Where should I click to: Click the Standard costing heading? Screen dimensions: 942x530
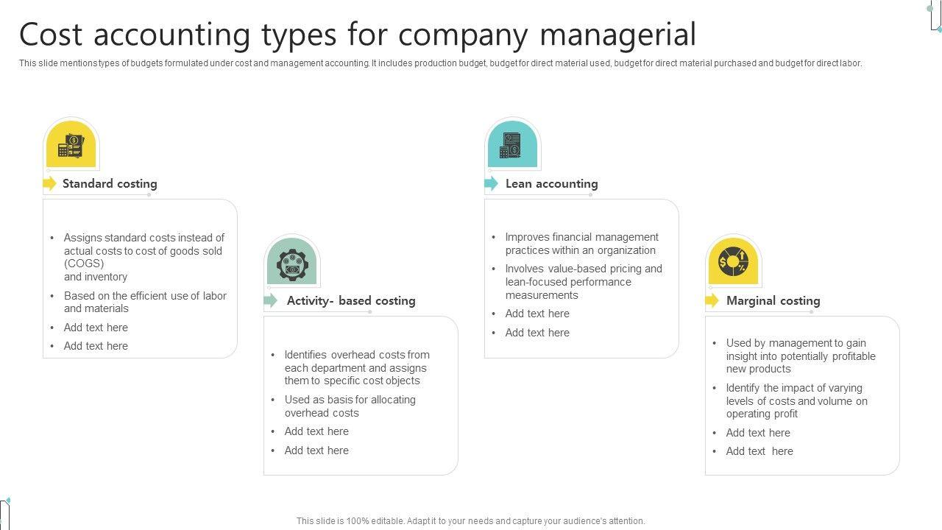(x=110, y=184)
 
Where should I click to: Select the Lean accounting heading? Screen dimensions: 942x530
(x=551, y=184)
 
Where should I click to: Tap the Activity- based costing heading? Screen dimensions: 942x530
(x=351, y=301)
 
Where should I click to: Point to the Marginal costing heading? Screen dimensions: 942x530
(x=773, y=301)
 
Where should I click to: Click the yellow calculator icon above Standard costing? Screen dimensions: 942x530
(x=71, y=145)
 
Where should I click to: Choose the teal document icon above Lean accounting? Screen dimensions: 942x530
(x=512, y=145)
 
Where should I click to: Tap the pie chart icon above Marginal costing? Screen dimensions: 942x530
(x=733, y=262)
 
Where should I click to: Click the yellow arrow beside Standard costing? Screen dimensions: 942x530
(x=50, y=184)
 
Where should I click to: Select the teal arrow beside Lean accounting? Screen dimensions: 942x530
(x=492, y=184)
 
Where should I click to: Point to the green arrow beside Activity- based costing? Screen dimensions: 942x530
(x=271, y=300)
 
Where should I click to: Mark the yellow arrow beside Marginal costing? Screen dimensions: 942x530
(x=712, y=300)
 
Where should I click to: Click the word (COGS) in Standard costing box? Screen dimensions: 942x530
(x=84, y=264)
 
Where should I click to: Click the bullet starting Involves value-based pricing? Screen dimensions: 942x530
(x=584, y=282)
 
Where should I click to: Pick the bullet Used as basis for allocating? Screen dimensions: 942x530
(x=350, y=406)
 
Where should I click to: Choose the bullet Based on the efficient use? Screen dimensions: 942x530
(x=145, y=303)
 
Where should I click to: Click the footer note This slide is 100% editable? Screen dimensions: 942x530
(x=471, y=521)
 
